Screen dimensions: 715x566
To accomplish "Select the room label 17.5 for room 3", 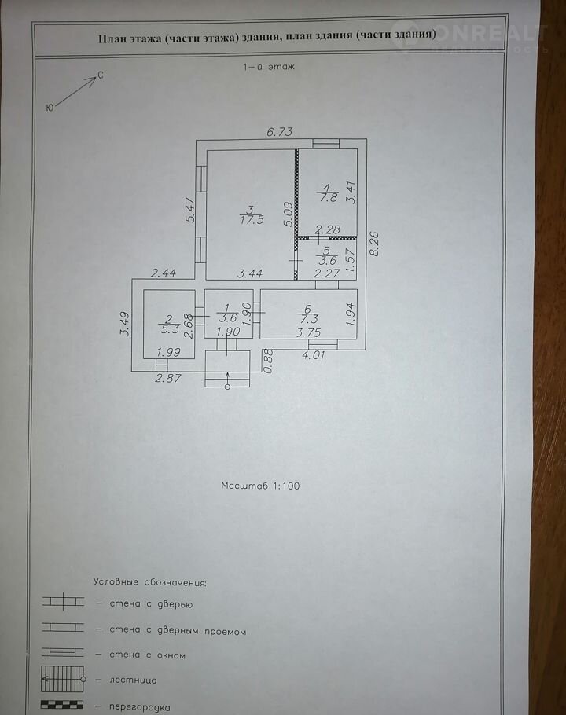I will pos(250,216).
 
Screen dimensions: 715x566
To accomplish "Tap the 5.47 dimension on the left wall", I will pos(189,211).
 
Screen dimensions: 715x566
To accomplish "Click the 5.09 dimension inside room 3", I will pos(288,214).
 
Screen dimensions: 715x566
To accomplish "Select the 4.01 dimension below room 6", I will pos(314,356).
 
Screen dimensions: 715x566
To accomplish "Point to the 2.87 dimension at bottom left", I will pos(167,379).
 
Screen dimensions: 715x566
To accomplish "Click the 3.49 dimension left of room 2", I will pos(124,324).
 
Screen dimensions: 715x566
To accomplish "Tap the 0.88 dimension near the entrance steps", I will pos(267,362).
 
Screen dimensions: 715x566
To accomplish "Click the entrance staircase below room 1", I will pos(227,369).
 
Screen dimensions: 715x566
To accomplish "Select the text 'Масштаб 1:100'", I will pos(260,486).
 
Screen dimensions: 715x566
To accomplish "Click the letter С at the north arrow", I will pos(100,75).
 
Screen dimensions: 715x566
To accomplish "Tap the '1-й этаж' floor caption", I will pos(268,68).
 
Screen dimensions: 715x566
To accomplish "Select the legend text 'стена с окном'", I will pos(141,654).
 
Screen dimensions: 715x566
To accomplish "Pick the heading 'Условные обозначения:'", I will pos(149,583).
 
